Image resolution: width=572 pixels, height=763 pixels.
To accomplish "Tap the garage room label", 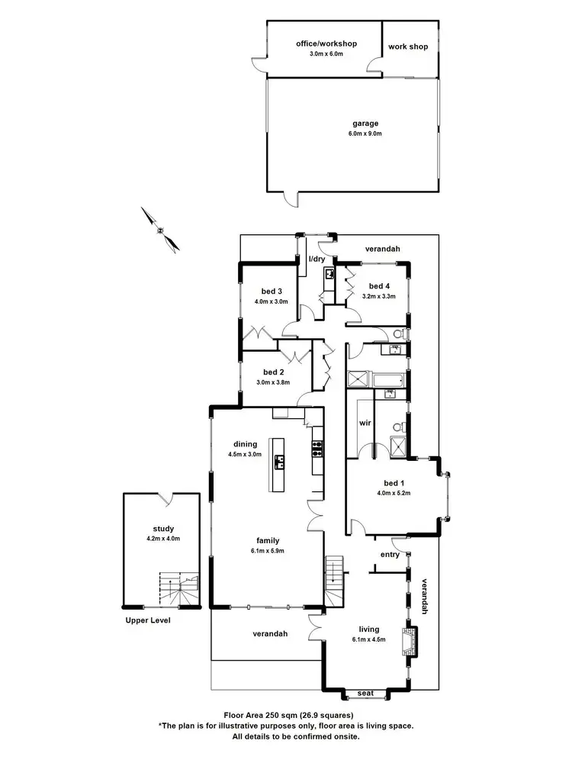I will [365, 123].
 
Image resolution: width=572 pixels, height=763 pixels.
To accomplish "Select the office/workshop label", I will [326, 44].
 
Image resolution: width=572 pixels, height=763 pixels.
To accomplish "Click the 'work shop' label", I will [408, 47].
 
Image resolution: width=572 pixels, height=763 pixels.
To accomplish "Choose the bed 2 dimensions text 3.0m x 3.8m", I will [272, 382].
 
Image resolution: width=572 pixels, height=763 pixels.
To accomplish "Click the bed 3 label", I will [272, 291].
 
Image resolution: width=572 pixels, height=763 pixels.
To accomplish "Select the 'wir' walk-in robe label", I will [364, 423].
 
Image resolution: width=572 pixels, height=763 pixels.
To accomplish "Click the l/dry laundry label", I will [317, 259].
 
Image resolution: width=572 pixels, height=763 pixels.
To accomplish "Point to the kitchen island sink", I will [280, 461].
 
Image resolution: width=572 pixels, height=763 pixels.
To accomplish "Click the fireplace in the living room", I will [411, 640].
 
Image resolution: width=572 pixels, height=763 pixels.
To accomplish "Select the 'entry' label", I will [389, 555].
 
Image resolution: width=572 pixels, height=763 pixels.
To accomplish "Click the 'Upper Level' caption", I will [148, 620].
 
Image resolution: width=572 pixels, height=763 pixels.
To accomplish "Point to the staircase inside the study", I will [178, 589].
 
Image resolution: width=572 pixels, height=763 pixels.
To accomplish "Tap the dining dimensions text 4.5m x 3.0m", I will [244, 454].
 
